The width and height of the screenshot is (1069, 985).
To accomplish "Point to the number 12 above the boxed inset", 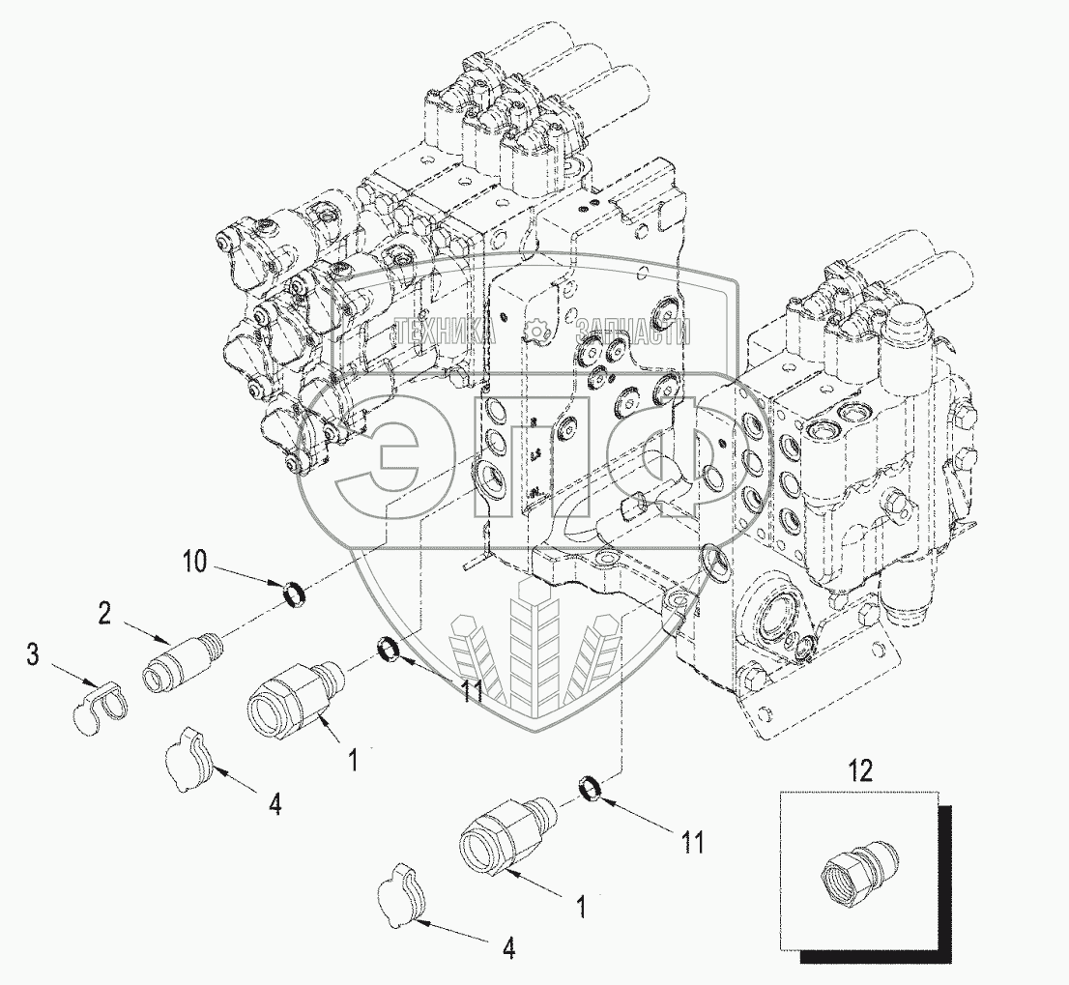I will (x=859, y=770).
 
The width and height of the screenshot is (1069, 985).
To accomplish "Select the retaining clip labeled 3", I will (x=101, y=710).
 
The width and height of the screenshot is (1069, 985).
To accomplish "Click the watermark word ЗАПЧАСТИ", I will (x=633, y=333).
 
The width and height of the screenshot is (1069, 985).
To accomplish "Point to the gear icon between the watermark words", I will (x=534, y=333).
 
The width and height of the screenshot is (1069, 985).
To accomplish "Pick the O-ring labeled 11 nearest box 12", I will (x=593, y=789).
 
